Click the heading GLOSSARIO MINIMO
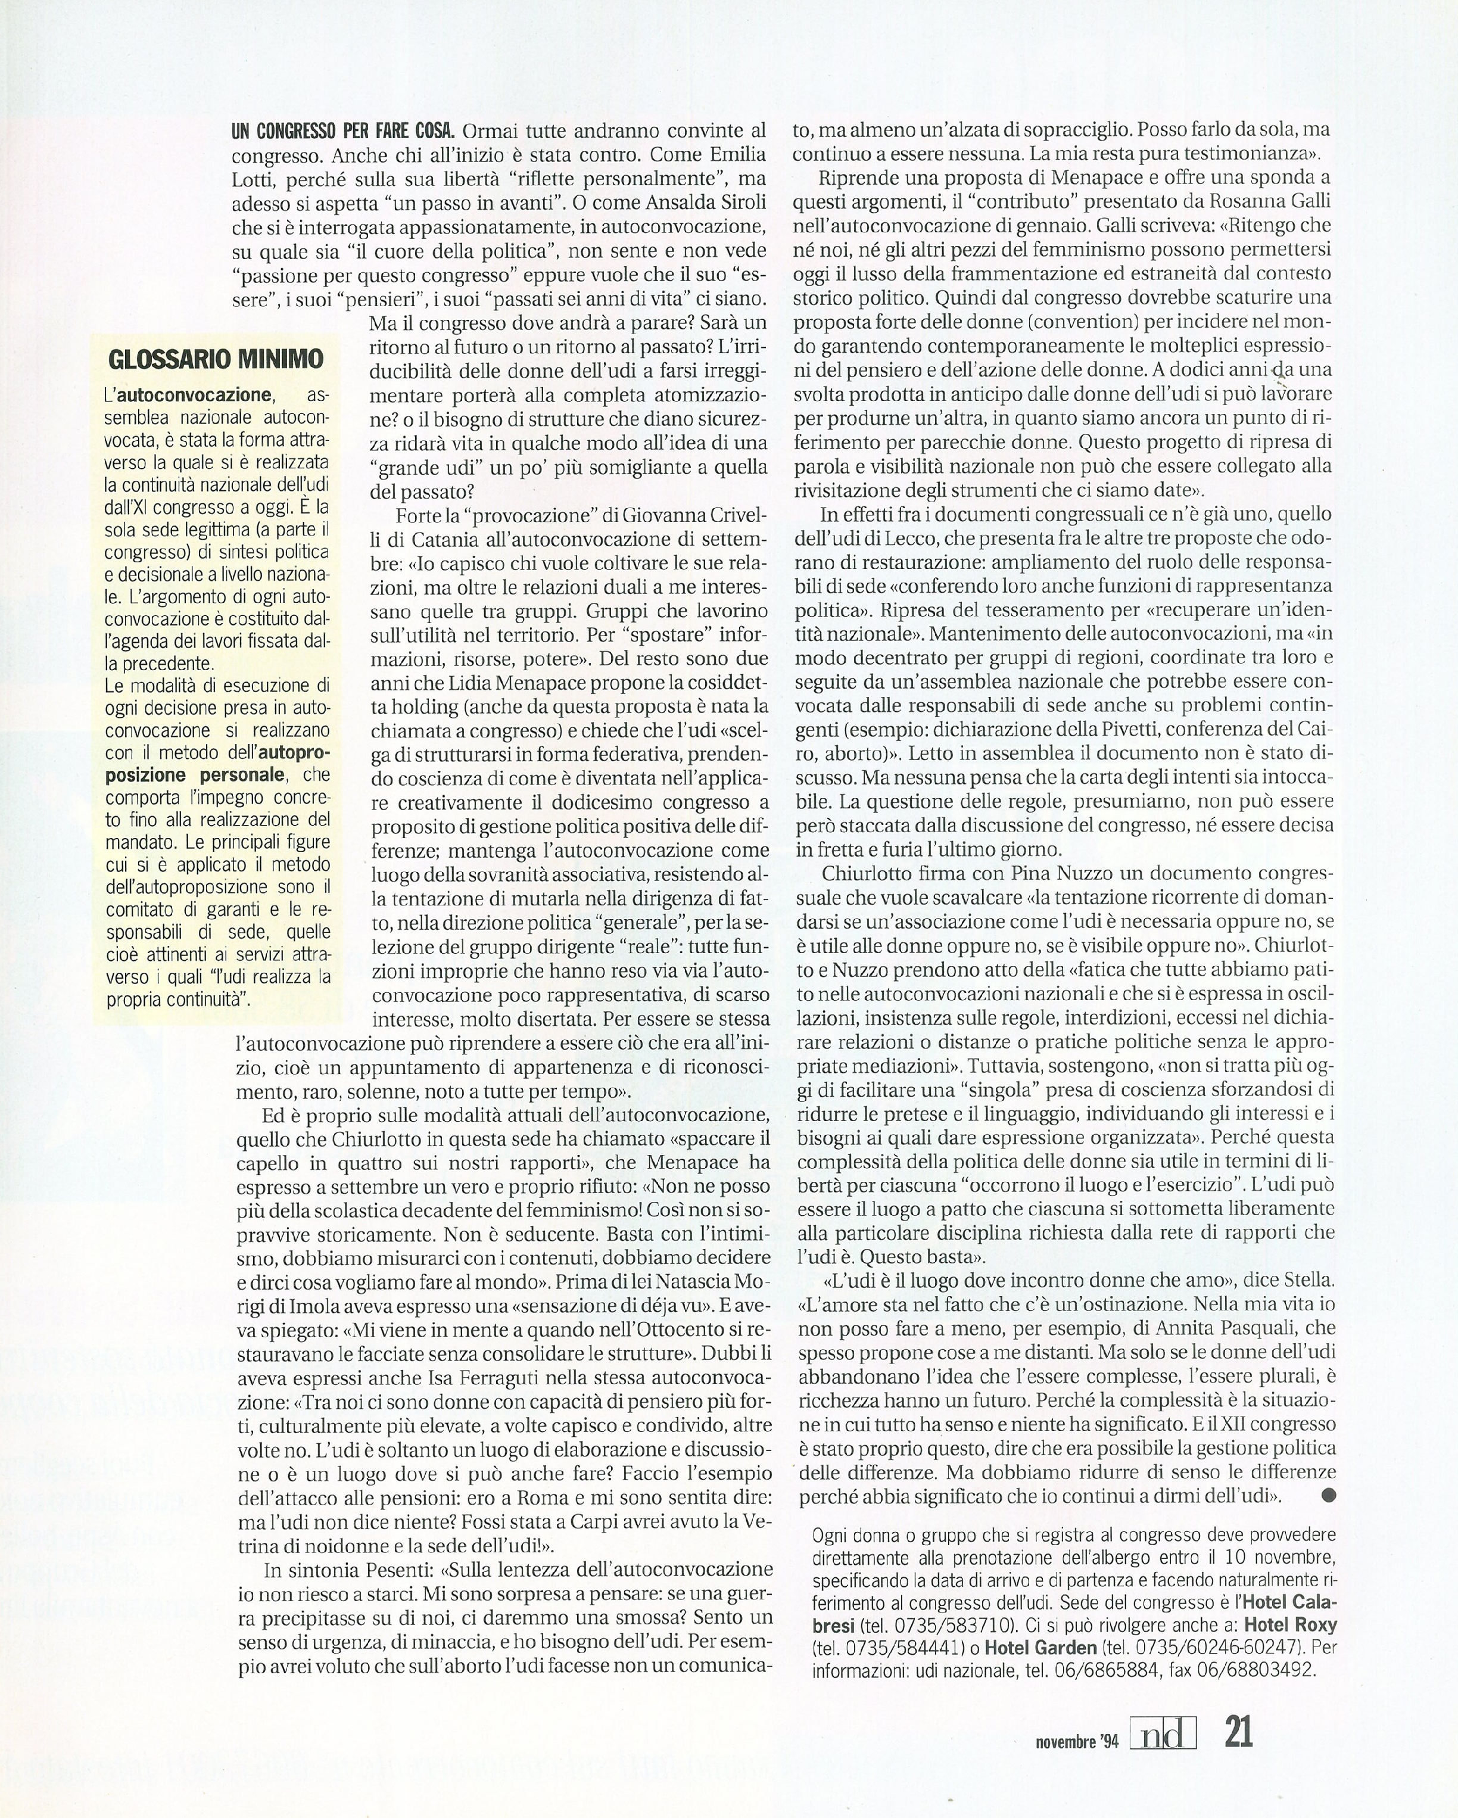(216, 360)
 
